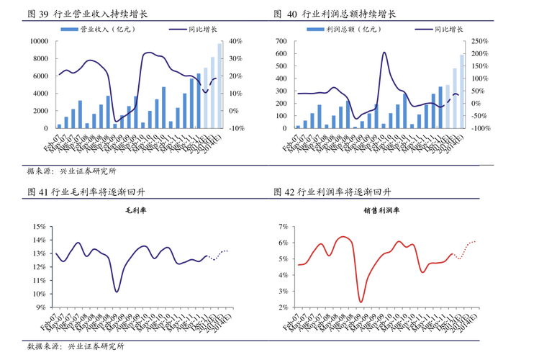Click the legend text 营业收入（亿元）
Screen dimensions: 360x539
coord(107,30)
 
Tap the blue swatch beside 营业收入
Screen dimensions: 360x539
coord(69,30)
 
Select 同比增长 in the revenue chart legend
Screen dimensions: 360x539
coord(204,30)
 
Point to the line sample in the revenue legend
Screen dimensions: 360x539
coord(177,30)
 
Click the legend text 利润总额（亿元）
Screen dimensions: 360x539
coord(353,30)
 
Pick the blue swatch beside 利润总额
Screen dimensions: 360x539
coord(314,30)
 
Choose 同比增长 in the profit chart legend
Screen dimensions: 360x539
coord(448,30)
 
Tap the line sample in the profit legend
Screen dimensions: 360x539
coord(423,30)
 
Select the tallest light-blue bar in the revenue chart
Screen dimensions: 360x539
coord(218,85)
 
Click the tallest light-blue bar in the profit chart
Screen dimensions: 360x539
coord(461,91)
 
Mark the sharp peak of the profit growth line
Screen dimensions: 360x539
coord(384,52)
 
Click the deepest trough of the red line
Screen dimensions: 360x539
coord(361,302)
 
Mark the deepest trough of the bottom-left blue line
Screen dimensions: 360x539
coord(117,291)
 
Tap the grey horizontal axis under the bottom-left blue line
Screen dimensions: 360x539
coord(144,308)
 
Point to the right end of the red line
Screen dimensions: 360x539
coord(475,240)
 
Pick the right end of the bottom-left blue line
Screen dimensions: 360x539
coord(227,250)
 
